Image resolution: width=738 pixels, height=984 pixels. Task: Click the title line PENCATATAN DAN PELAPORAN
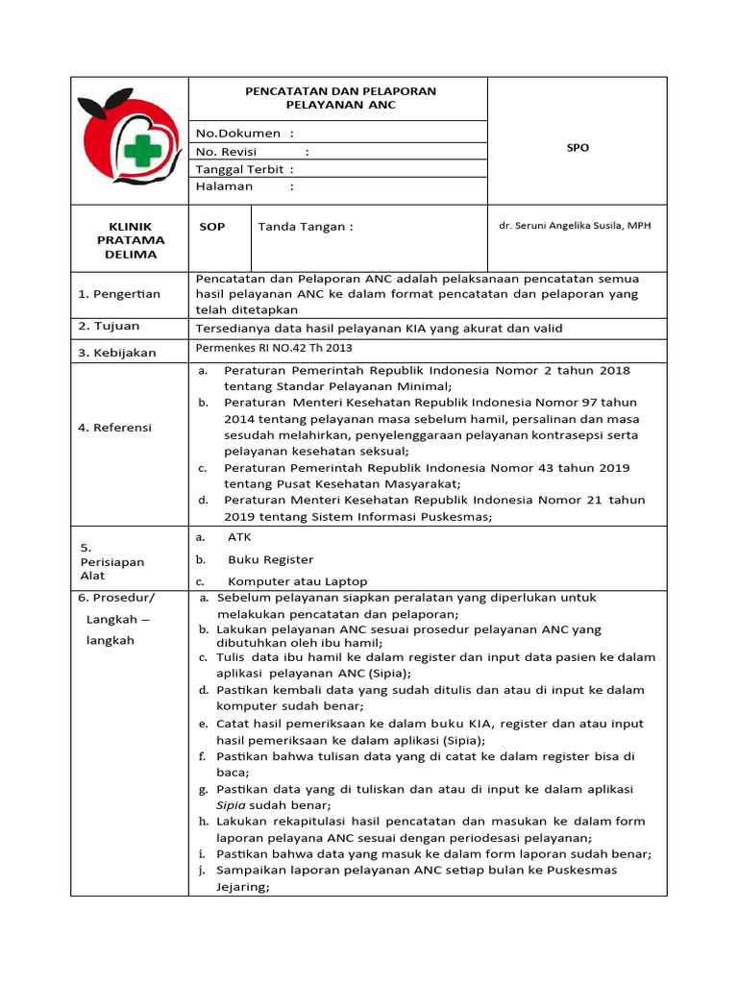click(341, 90)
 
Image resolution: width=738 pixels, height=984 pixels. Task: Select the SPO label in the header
click(578, 148)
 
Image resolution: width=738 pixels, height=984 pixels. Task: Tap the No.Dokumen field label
click(238, 133)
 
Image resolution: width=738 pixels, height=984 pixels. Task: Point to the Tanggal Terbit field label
click(239, 169)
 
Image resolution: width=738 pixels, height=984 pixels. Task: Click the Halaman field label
click(225, 186)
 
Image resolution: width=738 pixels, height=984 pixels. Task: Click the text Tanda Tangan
click(306, 227)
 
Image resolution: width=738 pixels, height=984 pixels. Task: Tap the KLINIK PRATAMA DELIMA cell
click(130, 240)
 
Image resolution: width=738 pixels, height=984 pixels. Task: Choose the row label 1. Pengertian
click(119, 294)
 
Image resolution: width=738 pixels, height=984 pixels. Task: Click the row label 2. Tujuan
click(109, 328)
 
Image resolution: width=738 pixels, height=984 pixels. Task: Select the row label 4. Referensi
click(114, 427)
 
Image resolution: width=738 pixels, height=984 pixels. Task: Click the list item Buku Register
click(270, 559)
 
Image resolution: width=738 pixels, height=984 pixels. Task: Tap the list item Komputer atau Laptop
click(297, 581)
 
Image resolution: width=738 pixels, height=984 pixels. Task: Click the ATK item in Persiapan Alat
click(239, 537)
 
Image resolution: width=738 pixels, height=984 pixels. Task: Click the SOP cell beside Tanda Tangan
click(212, 227)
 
